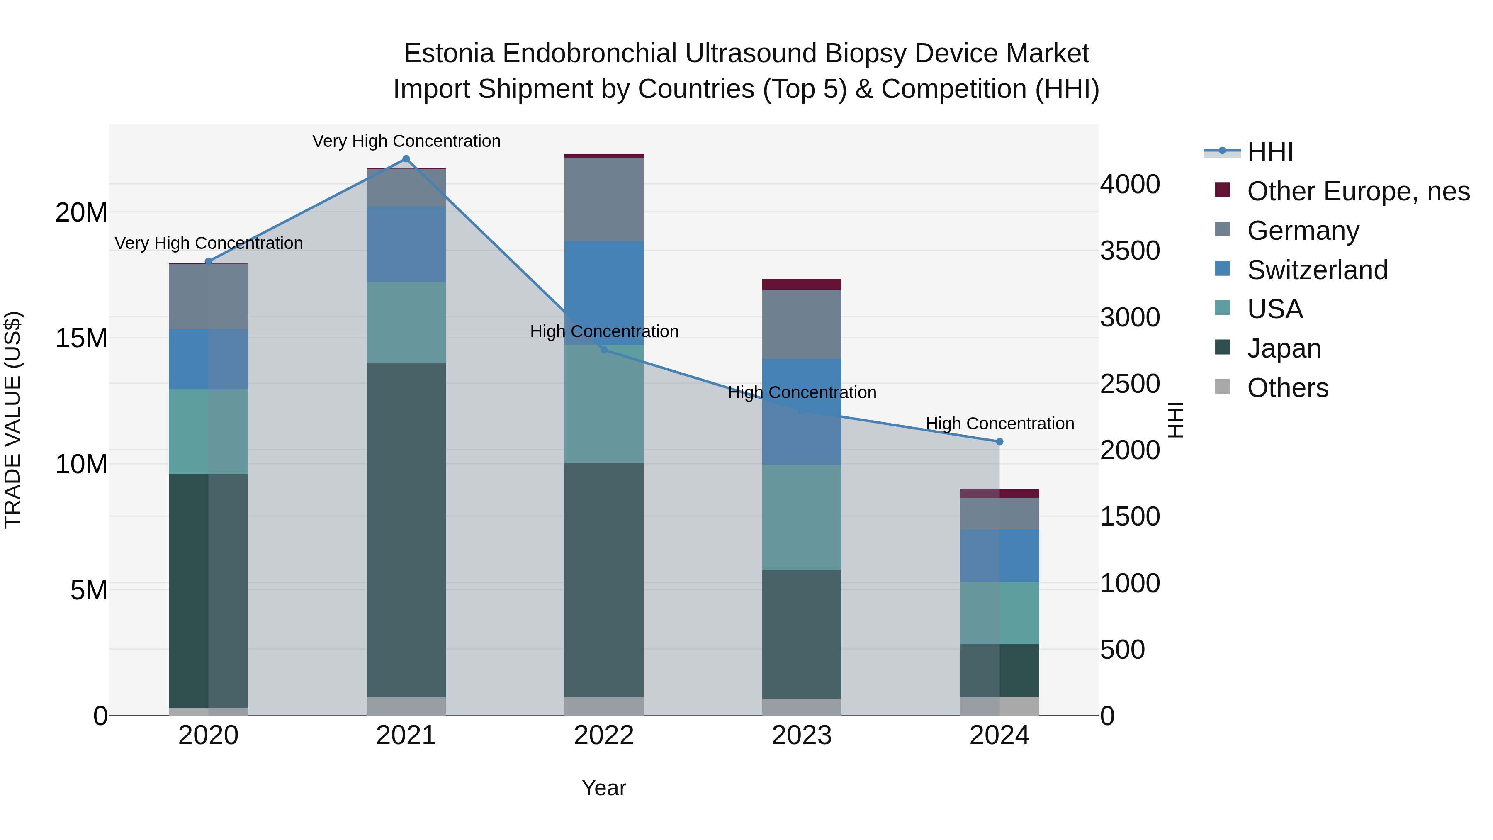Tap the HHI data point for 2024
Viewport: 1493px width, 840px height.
[x=999, y=442]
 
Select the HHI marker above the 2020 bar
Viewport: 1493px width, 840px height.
[x=209, y=261]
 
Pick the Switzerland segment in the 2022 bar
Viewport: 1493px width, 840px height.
[x=604, y=293]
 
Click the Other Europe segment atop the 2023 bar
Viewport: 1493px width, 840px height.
[x=802, y=284]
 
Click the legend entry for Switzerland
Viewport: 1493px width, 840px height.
[x=1317, y=270]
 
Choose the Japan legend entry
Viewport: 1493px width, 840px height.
[x=1284, y=348]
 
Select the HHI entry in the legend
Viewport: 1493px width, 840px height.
[x=1269, y=152]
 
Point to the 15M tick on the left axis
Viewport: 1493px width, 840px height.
[x=81, y=338]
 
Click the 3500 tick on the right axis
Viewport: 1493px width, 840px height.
[x=1130, y=251]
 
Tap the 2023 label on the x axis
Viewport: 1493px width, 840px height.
[x=802, y=735]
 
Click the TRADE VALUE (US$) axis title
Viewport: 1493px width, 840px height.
[x=13, y=420]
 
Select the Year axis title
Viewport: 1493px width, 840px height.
[x=604, y=788]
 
